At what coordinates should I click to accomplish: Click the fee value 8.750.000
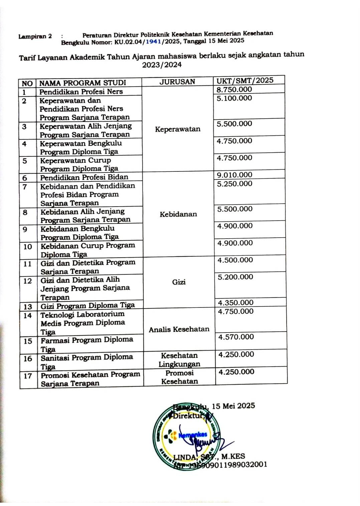click(234, 89)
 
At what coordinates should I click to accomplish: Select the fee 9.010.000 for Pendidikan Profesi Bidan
click(234, 174)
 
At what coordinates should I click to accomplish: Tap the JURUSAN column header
click(177, 82)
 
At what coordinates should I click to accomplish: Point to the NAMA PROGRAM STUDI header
click(82, 83)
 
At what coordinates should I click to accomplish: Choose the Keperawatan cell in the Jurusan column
click(178, 129)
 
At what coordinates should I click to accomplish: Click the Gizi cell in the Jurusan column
click(179, 282)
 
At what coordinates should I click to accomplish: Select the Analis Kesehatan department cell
click(179, 330)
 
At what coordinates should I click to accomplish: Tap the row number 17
click(28, 376)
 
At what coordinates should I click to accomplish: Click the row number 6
click(25, 178)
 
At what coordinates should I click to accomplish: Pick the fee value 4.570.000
click(236, 337)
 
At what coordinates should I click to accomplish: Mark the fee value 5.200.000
click(235, 277)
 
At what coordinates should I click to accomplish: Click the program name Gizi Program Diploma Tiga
click(87, 305)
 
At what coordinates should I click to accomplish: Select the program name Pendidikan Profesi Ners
click(81, 92)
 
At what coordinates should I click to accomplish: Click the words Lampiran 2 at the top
click(35, 36)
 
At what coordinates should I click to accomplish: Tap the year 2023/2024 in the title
click(162, 65)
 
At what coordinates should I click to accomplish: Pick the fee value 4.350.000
click(235, 302)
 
